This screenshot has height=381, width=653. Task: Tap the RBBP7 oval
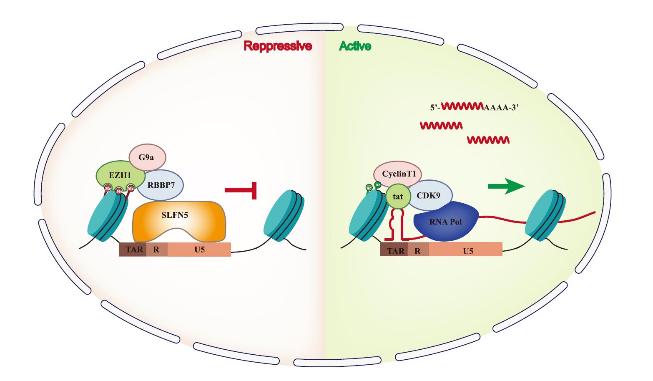click(161, 186)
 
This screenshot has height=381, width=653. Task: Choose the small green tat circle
click(398, 196)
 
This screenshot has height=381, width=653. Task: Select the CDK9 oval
click(432, 194)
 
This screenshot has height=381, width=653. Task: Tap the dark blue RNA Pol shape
click(445, 222)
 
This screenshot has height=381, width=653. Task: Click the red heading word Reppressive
click(278, 46)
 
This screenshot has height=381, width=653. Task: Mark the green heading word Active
click(355, 46)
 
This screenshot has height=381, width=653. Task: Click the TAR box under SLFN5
click(133, 250)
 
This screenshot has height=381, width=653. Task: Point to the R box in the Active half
click(418, 250)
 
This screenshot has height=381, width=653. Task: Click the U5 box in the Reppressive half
click(199, 250)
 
